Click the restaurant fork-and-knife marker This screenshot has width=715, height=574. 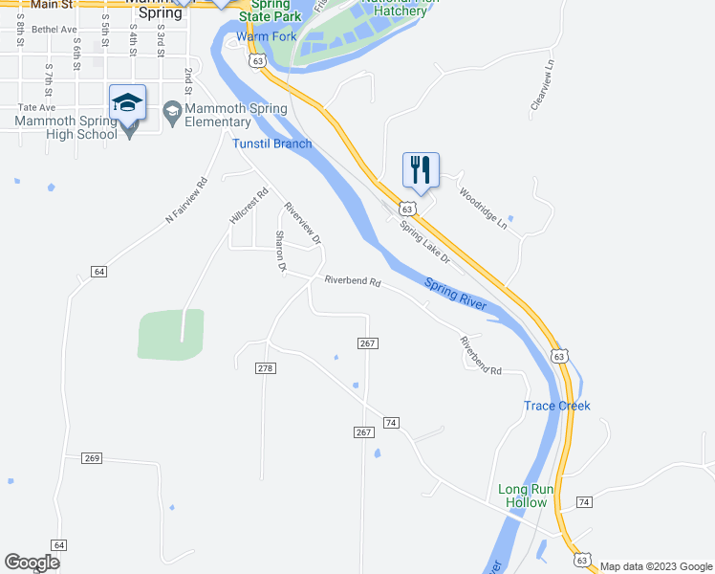click(421, 170)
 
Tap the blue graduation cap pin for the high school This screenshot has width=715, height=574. click(127, 102)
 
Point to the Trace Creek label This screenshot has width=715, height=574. click(557, 406)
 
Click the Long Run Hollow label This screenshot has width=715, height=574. click(523, 496)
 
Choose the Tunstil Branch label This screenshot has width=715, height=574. click(272, 144)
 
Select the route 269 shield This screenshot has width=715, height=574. click(92, 458)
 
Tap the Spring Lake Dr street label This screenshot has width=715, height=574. click(424, 243)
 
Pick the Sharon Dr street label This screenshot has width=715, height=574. click(281, 252)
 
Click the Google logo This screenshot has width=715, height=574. click(32, 563)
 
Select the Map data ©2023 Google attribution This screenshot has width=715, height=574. click(655, 566)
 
